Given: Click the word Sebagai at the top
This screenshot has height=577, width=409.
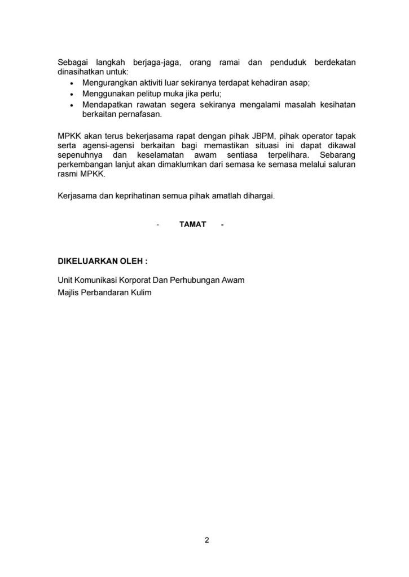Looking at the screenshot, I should coord(74,62).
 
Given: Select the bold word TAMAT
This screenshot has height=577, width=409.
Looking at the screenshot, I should coord(192,224).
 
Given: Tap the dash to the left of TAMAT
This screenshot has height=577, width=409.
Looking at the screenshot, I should coord(158,224).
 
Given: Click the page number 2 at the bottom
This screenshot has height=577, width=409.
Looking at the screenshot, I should coord(206,542).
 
